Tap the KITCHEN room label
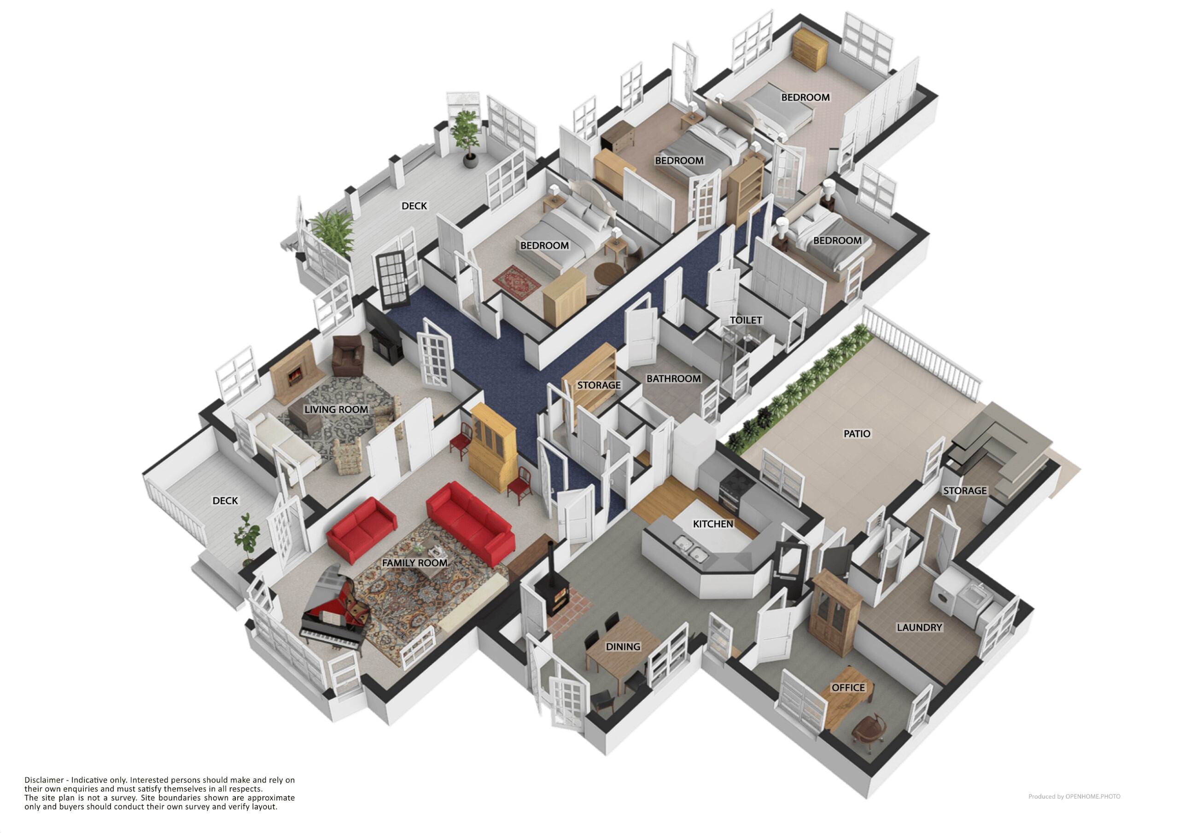point(713,524)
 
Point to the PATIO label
point(857,434)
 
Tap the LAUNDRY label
point(919,627)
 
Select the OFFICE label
point(848,687)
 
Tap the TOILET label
point(746,320)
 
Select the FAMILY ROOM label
point(414,563)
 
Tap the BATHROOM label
point(673,379)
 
